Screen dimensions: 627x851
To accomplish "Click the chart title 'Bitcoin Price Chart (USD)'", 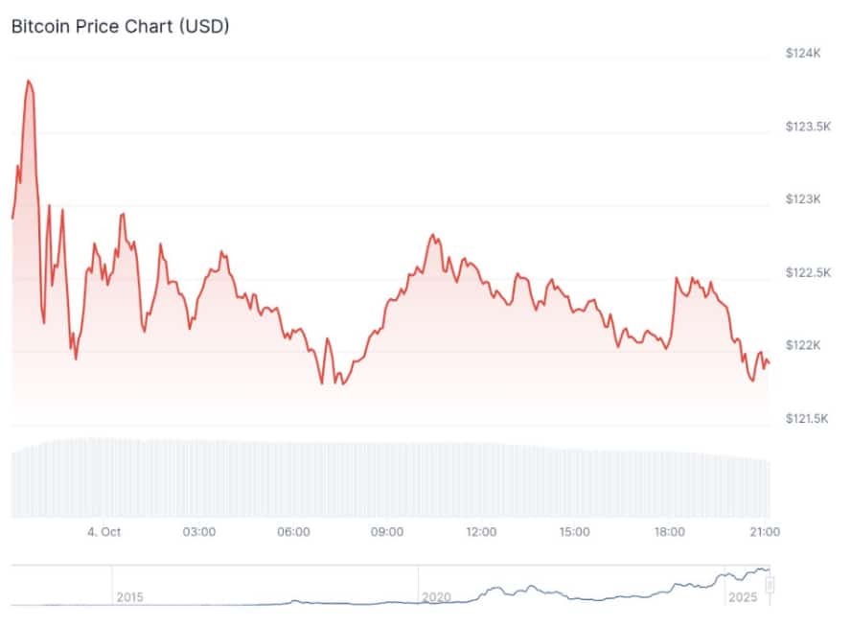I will click(120, 26).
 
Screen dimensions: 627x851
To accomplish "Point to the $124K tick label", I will click(803, 54).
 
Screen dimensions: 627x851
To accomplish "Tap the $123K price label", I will click(803, 199).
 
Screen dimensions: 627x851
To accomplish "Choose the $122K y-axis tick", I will click(803, 345).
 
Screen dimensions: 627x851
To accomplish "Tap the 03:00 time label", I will click(199, 532).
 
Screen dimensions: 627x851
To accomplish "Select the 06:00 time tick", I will click(293, 532).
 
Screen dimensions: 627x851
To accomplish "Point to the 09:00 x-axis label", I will click(387, 532).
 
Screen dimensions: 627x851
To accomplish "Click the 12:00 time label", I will click(481, 532).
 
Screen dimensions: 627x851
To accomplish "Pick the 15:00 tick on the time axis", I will click(575, 532).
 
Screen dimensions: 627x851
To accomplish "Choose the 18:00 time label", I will click(669, 532).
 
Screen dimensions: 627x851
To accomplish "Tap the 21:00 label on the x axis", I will click(763, 532).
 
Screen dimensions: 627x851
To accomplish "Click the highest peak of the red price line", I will click(29, 81).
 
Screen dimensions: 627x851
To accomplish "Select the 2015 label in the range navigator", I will click(129, 597).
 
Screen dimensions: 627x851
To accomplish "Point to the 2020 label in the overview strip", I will click(436, 597).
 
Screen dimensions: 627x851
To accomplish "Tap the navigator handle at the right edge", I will click(769, 584).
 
